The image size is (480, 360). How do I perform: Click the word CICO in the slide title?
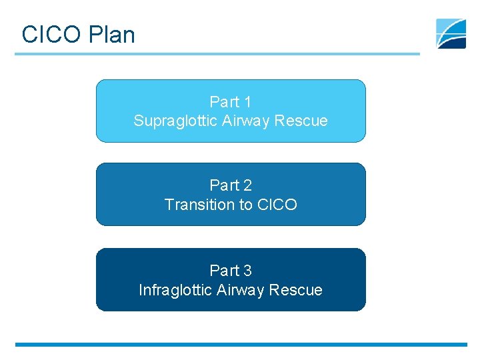click(x=49, y=35)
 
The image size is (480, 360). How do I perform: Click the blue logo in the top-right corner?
click(x=451, y=33)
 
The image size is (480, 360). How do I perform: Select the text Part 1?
click(x=231, y=102)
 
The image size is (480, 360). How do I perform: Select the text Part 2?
click(x=231, y=185)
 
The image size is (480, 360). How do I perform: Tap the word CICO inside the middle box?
click(x=277, y=204)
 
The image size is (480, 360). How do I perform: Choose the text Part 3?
click(x=231, y=270)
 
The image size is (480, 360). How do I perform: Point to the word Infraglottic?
click(x=175, y=290)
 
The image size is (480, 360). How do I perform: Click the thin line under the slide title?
click(x=217, y=54)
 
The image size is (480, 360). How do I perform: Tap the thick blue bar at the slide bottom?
click(x=240, y=345)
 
